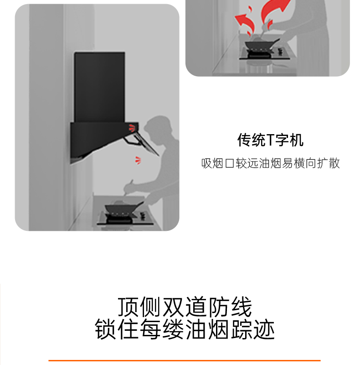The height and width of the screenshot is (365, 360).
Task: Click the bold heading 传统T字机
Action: point(270,140)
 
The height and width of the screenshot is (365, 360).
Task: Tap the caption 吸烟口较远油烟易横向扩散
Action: point(271,163)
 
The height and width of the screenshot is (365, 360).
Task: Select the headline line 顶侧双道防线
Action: point(185,307)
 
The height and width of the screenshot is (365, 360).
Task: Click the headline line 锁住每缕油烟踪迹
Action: point(185,329)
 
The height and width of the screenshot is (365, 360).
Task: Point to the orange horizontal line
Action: point(185,360)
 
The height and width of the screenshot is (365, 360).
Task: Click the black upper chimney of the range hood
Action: point(99,87)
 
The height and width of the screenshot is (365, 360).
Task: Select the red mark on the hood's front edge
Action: point(132,128)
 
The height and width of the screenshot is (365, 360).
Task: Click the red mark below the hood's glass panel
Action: point(138,161)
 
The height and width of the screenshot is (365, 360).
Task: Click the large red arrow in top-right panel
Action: point(275,10)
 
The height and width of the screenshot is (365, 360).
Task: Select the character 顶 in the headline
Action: point(128,307)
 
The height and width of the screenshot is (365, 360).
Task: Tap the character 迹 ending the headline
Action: point(264,329)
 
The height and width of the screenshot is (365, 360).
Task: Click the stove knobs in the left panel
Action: point(143,216)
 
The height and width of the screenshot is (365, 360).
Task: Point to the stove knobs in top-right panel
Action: point(280,51)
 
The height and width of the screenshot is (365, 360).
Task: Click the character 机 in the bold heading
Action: point(297,140)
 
